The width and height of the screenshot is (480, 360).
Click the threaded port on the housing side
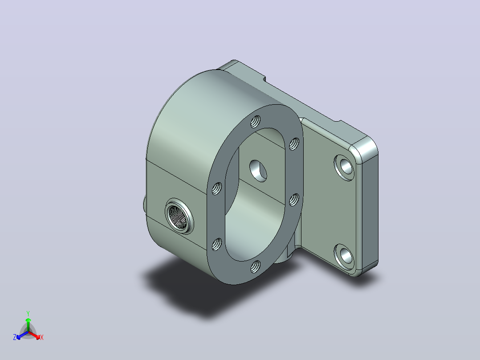pos(179,216)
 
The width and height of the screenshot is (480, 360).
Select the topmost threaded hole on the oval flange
pos(256,122)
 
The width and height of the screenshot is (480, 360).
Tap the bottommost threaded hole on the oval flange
pos(256,266)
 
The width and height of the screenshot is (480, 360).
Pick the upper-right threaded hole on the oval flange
pos(294,144)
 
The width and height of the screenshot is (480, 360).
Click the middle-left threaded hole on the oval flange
pos(217,188)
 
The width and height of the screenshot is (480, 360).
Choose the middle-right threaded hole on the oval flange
pos(294,200)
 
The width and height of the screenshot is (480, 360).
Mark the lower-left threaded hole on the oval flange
pos(217,244)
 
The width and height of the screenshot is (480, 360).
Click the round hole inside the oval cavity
pos(258,171)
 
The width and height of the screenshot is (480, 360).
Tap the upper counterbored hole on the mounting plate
pos(344,168)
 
